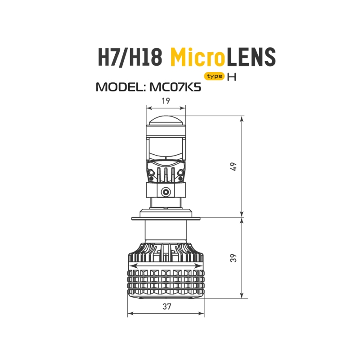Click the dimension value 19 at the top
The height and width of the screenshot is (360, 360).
click(166, 101)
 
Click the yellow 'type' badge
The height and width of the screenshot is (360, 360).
click(215, 76)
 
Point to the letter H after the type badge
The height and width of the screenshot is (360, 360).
click(232, 76)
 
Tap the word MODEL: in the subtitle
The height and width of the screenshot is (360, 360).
click(120, 86)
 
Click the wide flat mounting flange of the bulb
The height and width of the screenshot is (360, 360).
click(166, 219)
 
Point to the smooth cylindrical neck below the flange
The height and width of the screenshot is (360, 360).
click(166, 232)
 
